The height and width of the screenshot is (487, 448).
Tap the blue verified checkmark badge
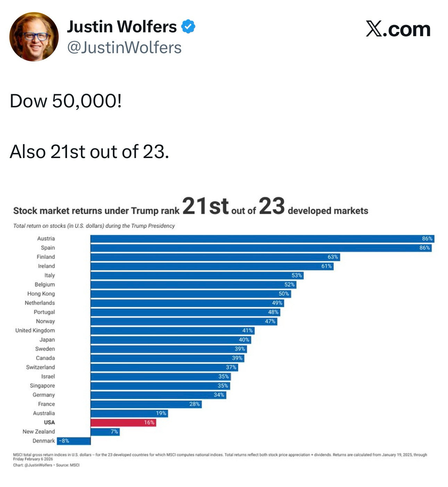188,27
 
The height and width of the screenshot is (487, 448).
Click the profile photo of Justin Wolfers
34,37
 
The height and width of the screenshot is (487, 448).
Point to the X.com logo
398,29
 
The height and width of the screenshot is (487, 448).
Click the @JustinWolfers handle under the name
124,48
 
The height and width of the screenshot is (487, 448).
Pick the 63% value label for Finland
333,257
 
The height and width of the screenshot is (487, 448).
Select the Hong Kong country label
41,294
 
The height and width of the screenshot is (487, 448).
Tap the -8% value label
64,441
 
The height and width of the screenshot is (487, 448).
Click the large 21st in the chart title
205,206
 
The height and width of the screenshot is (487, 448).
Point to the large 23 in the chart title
272,206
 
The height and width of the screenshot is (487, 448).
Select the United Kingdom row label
35,330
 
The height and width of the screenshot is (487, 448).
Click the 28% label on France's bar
194,404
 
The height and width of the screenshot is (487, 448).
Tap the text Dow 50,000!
66,101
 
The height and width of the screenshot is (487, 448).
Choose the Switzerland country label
40,367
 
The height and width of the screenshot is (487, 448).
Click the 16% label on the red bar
149,422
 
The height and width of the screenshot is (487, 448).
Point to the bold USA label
49,422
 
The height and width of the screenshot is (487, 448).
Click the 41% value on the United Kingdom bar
247,330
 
